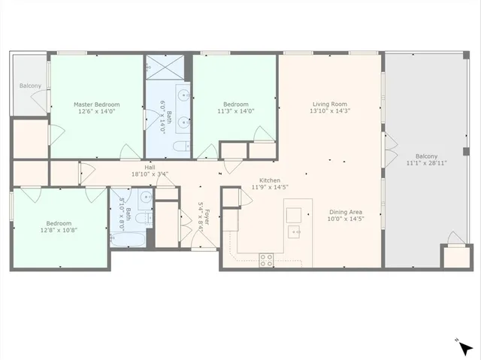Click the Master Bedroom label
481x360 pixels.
tap(96, 104)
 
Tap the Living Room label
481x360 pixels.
tap(329, 104)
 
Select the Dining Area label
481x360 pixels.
tap(346, 212)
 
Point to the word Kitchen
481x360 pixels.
tap(270, 181)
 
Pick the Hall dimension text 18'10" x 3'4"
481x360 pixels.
tap(150, 174)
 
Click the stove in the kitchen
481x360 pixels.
tap(266, 260)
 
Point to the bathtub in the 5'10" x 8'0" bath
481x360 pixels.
tap(129, 241)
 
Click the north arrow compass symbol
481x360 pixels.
tap(465, 347)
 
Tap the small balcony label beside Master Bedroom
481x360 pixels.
tap(30, 86)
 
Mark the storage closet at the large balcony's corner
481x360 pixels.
tap(453, 256)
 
